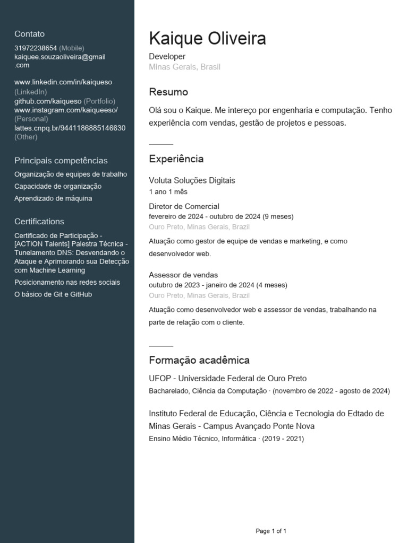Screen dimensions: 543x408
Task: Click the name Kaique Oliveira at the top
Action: coord(207,39)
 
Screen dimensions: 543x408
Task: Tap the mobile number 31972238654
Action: coord(36,48)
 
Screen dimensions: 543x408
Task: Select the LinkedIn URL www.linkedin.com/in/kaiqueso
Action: coord(63,82)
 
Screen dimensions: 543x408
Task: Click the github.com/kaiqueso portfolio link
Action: coord(48,101)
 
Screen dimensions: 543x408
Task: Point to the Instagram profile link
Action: coord(66,110)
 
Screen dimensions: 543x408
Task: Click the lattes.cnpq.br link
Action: coord(70,128)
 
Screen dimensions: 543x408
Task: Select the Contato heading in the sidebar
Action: coord(29,34)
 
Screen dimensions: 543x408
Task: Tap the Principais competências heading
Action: coord(61,161)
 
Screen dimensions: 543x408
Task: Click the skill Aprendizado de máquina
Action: coord(53,198)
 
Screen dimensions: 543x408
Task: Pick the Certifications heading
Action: coord(39,222)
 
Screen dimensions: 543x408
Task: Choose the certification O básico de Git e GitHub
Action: coord(53,294)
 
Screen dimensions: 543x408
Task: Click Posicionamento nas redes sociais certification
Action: coord(67,282)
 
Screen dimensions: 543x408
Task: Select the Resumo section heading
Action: coord(168,92)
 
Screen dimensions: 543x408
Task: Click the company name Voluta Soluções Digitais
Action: coord(192,180)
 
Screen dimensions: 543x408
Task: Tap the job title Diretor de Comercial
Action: coord(184,206)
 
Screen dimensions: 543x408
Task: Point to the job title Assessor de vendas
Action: coord(183,275)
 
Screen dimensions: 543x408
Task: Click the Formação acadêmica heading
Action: coord(199,361)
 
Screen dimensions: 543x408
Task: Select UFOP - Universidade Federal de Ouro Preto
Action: coord(227,379)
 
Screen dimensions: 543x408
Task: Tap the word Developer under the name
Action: coord(167,56)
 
